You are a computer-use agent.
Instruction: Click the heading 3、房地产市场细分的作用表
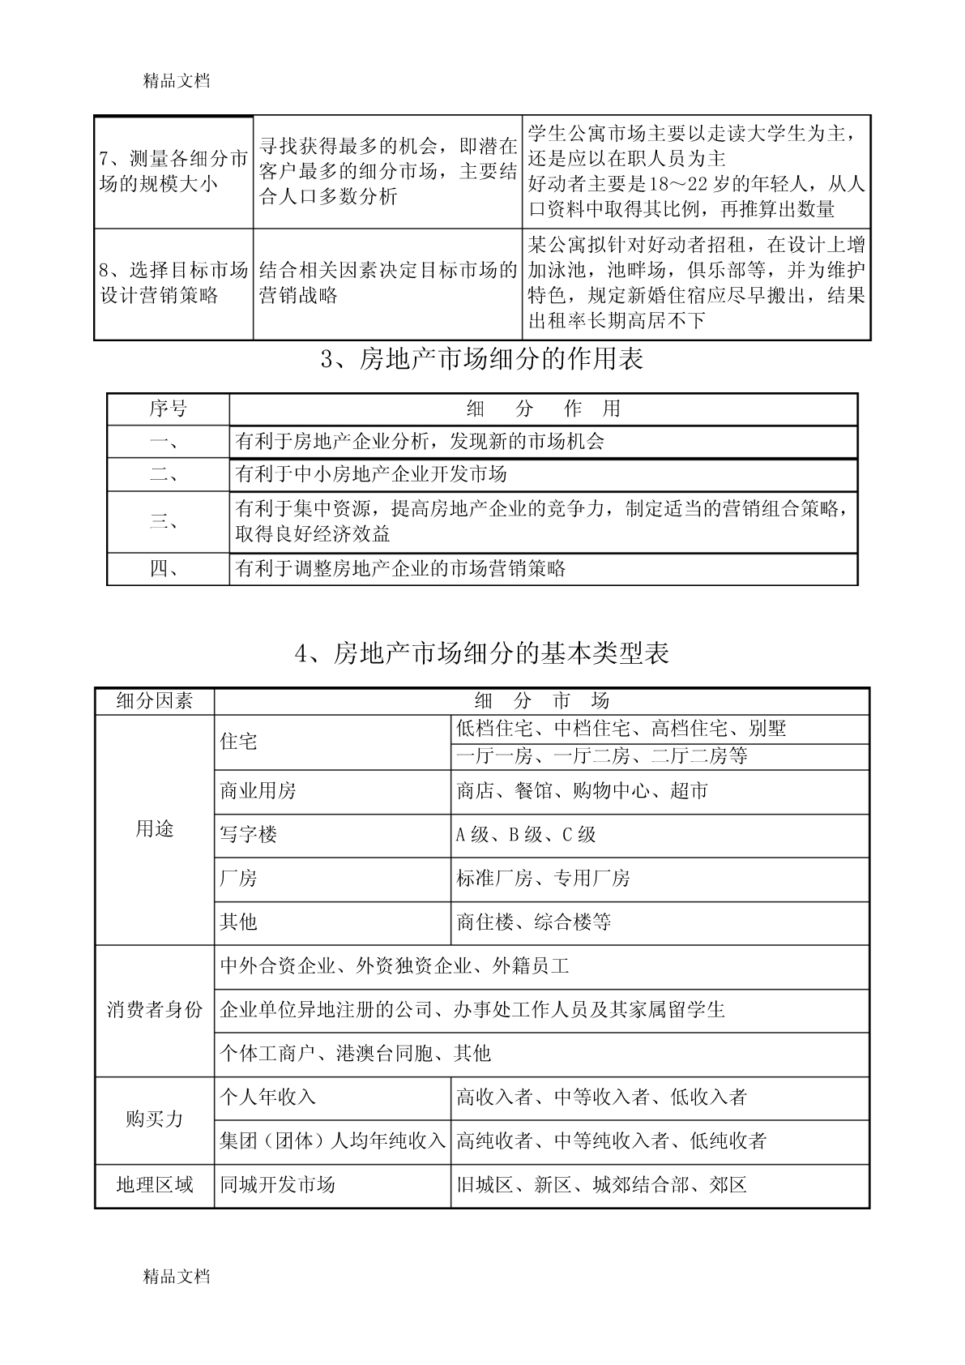pyautogui.click(x=482, y=359)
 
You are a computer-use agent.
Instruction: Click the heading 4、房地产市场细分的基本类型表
pyautogui.click(x=482, y=653)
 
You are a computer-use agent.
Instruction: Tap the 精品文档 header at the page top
pyautogui.click(x=177, y=81)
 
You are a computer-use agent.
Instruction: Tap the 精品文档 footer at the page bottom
pyautogui.click(x=177, y=1277)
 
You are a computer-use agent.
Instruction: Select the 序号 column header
pyautogui.click(x=168, y=409)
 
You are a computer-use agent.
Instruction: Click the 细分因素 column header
pyautogui.click(x=155, y=701)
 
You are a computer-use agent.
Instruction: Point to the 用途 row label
pyautogui.click(x=155, y=829)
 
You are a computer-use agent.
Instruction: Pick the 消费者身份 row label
pyautogui.click(x=155, y=1010)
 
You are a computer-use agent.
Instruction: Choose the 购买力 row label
pyautogui.click(x=155, y=1119)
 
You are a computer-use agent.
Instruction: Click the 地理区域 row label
pyautogui.click(x=155, y=1185)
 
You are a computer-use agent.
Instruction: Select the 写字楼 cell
pyautogui.click(x=249, y=835)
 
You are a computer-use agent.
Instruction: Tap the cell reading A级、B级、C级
pyautogui.click(x=527, y=835)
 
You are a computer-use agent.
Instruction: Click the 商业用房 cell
pyautogui.click(x=258, y=791)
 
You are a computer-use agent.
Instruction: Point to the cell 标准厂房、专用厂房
pyautogui.click(x=544, y=879)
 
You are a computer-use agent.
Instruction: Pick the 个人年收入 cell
pyautogui.click(x=268, y=1098)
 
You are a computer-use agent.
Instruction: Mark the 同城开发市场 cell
pyautogui.click(x=278, y=1185)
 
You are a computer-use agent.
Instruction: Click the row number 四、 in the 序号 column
pyautogui.click(x=168, y=568)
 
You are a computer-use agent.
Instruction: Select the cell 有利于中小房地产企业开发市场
pyautogui.click(x=371, y=474)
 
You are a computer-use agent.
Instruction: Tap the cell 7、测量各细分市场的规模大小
pyautogui.click(x=173, y=171)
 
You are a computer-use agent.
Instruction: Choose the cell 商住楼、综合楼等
pyautogui.click(x=534, y=922)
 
